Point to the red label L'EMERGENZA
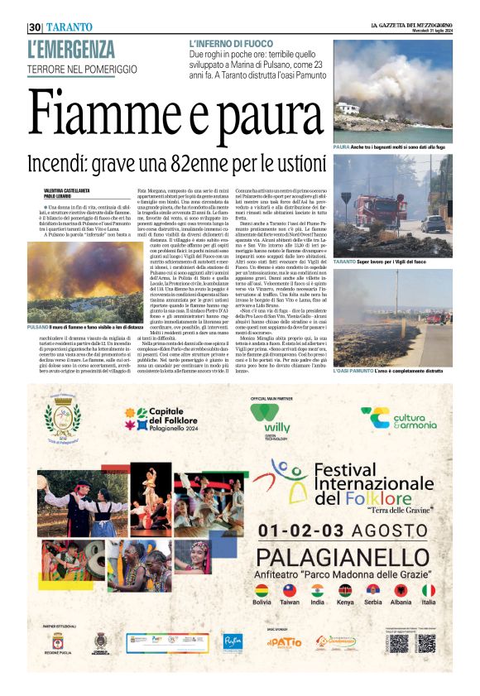pyautogui.click(x=70, y=50)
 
